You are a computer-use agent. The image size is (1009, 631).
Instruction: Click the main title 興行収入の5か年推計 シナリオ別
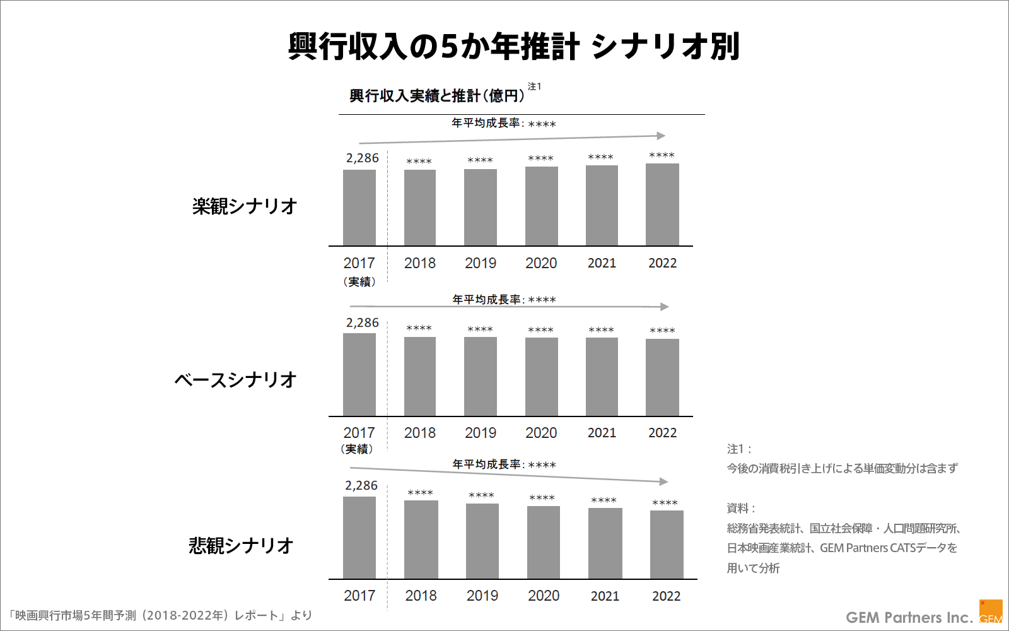[514, 47]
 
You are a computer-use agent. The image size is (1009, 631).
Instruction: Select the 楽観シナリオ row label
[245, 206]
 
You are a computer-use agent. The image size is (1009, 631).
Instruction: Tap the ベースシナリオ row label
[235, 380]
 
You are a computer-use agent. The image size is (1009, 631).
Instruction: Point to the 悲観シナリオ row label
[242, 545]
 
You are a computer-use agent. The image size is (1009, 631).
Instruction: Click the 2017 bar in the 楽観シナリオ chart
[359, 208]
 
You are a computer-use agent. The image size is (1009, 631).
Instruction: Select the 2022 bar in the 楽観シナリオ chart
[662, 205]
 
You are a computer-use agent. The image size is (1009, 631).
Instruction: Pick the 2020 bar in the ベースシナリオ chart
[541, 377]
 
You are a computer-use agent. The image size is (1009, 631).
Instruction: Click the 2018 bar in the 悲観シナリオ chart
[421, 540]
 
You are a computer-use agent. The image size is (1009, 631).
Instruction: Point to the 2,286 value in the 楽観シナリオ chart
[362, 158]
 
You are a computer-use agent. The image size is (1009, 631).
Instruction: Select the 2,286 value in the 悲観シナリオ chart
[361, 486]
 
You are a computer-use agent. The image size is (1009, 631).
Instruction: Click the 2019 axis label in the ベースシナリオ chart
[481, 433]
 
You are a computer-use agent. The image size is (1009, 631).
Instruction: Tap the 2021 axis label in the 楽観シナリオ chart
[602, 263]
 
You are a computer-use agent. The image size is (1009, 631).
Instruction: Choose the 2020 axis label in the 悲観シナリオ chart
[544, 596]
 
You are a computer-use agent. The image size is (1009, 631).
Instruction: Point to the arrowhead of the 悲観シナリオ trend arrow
[664, 481]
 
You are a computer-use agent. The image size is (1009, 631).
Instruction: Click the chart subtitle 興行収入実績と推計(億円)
[437, 96]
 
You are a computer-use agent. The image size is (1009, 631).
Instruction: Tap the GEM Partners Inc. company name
[909, 617]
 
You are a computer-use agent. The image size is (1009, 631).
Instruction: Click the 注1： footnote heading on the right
[739, 449]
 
